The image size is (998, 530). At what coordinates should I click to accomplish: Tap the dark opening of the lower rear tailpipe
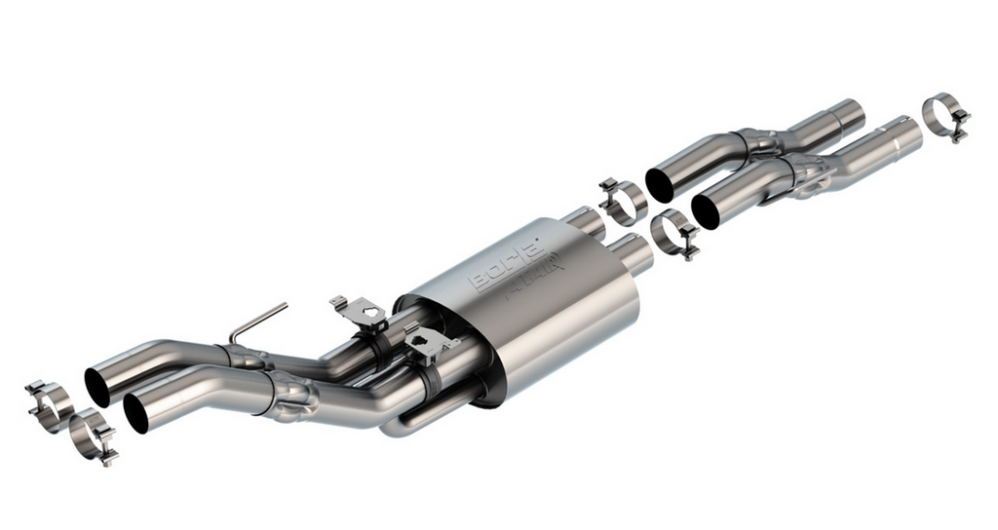tap(135, 412)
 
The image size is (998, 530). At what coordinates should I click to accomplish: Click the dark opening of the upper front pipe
tap(659, 185)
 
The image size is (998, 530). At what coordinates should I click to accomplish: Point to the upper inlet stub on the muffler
tap(586, 221)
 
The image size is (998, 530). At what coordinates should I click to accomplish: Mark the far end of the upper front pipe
tap(850, 114)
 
